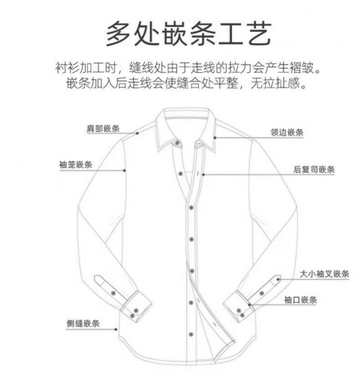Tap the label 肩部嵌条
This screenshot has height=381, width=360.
pyautogui.click(x=103, y=128)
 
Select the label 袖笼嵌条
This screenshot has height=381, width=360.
pyautogui.click(x=76, y=164)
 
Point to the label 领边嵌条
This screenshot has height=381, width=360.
pyautogui.click(x=287, y=133)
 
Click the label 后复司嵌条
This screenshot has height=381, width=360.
pyautogui.click(x=314, y=170)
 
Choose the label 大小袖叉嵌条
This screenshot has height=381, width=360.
pyautogui.click(x=324, y=274)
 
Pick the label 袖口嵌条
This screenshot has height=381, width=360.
pyautogui.click(x=300, y=300)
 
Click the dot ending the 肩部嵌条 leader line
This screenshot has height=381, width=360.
pyautogui.click(x=137, y=133)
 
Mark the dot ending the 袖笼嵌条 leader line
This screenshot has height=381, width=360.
pyautogui.click(x=125, y=171)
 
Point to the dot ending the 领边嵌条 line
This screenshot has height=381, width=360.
pyautogui.click(x=214, y=137)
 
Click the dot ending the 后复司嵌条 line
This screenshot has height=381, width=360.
pyautogui.click(x=204, y=174)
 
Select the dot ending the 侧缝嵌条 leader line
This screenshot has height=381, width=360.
pyautogui.click(x=117, y=329)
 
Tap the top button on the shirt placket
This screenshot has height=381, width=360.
pyautogui.click(x=182, y=174)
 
